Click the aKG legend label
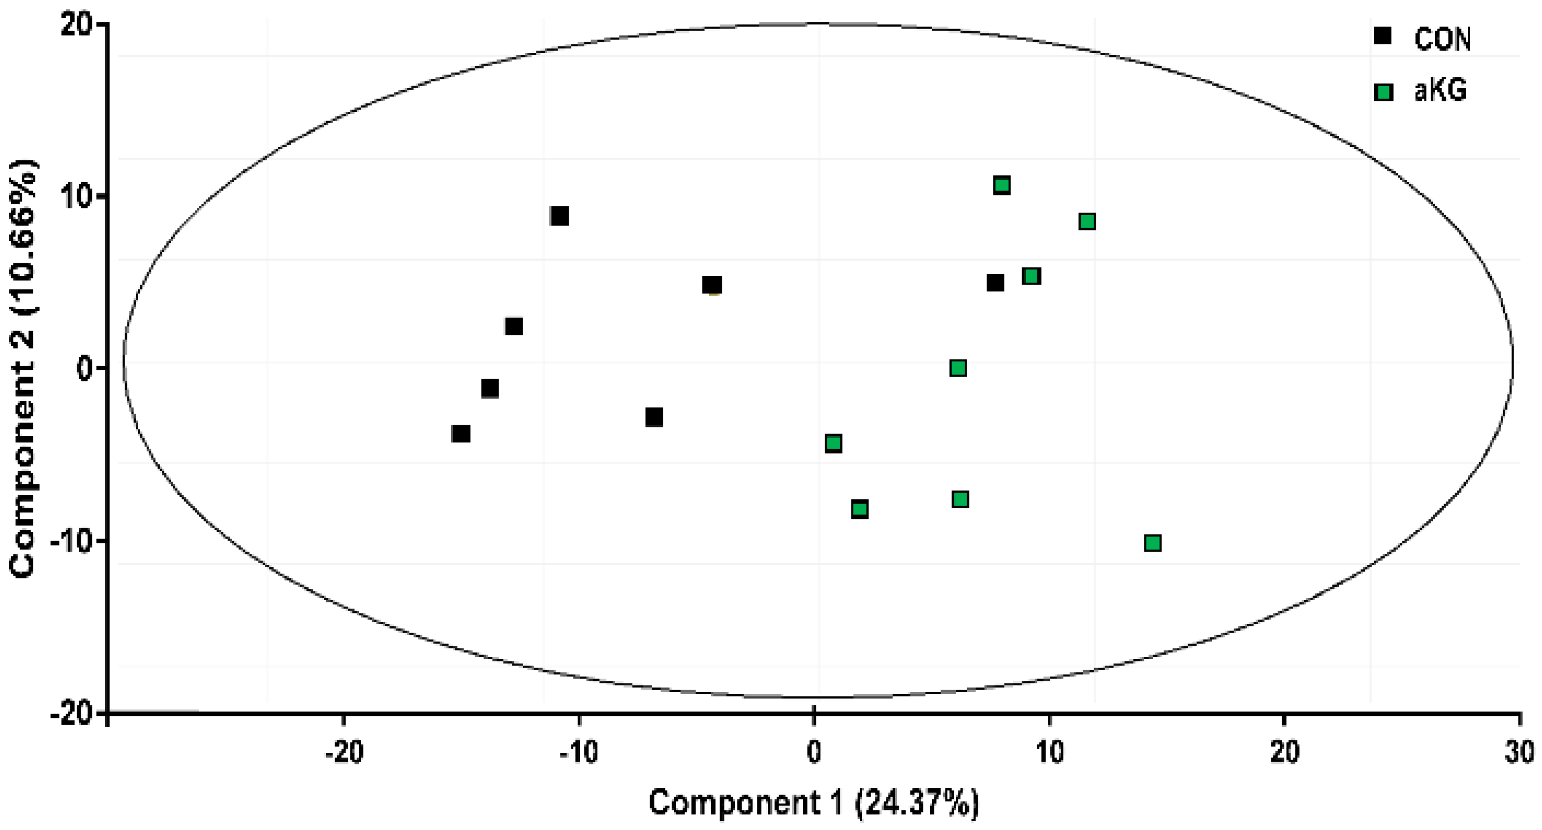(1440, 91)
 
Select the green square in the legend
(1383, 92)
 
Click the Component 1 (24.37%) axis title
(814, 803)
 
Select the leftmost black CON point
(460, 433)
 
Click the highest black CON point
(559, 215)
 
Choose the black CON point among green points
(995, 283)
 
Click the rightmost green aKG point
(1152, 543)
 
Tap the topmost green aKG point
(1002, 185)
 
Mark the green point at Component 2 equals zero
(958, 368)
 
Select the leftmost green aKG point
(833, 443)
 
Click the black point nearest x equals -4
(712, 284)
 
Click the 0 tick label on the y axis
(84, 368)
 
